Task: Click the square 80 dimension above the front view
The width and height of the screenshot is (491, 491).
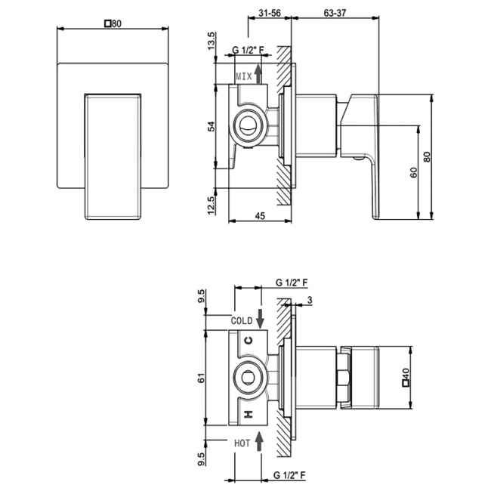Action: point(113,23)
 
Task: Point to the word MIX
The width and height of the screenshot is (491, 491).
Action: point(244,76)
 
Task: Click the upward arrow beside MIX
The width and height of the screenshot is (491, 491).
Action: point(259,74)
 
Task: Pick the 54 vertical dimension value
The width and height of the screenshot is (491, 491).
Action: point(212,126)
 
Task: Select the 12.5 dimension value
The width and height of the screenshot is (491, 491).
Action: point(212,204)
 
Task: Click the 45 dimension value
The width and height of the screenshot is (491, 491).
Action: point(260,216)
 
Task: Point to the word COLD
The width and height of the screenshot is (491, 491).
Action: point(241,320)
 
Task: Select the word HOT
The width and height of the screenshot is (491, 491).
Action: point(242,443)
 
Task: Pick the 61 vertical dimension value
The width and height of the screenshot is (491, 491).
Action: point(202,378)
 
